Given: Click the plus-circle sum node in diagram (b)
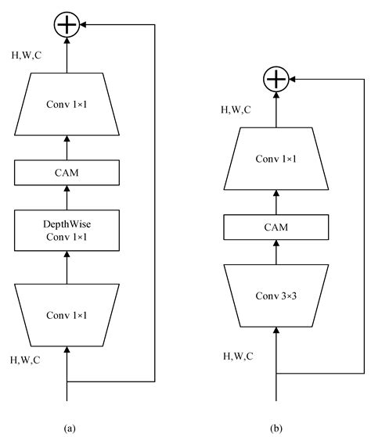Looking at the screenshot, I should (276, 79).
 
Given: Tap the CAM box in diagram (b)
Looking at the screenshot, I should (276, 227).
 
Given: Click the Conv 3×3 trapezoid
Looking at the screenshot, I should (276, 296).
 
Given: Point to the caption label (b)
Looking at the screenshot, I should (278, 428).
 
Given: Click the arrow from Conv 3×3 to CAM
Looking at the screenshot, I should (276, 254).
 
